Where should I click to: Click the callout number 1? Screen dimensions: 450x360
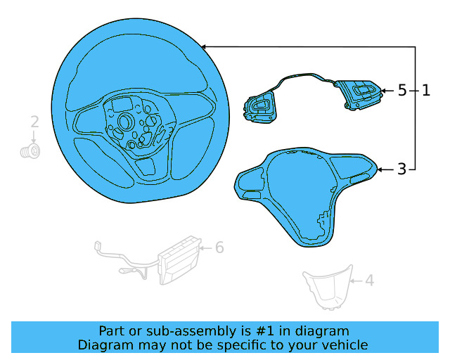point(426,91)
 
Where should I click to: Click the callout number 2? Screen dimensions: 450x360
point(34,122)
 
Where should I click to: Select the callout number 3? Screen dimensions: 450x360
point(401,169)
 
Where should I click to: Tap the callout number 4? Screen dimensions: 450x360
point(369,281)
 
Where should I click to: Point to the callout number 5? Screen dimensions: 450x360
point(402,91)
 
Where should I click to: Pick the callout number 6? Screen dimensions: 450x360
point(219,247)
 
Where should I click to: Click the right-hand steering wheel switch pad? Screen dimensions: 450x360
point(361,95)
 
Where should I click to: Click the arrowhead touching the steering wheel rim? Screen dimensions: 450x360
point(205,46)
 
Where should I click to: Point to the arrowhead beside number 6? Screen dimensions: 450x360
point(202,247)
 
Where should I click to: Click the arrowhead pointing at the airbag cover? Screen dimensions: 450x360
point(381,169)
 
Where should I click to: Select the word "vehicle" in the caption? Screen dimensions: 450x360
point(344,345)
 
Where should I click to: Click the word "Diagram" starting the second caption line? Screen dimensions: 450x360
point(104,345)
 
